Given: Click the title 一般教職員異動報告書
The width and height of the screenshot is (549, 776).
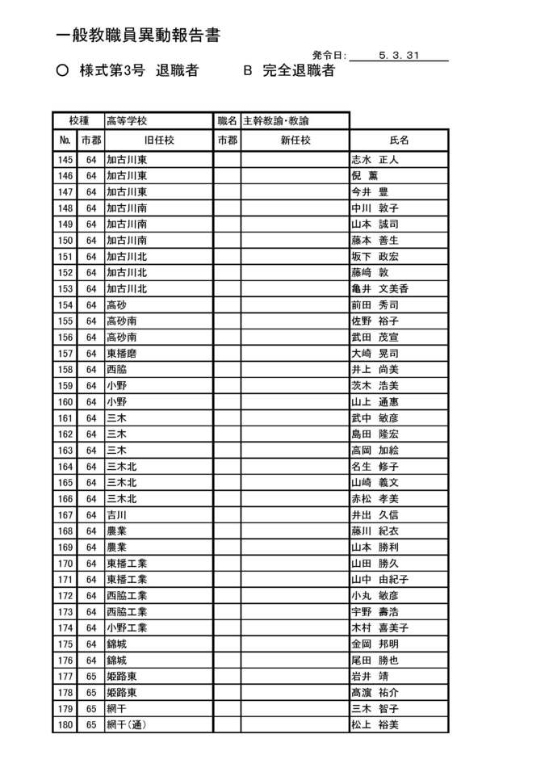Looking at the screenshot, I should [139, 36].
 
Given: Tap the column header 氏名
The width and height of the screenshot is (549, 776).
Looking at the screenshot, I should [399, 141].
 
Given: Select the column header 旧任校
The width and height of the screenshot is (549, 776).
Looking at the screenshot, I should [159, 141].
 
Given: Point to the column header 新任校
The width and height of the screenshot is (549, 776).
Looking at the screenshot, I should [295, 141].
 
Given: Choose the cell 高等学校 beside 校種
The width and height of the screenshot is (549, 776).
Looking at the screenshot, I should [127, 121].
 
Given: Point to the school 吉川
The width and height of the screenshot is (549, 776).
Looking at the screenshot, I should [116, 515].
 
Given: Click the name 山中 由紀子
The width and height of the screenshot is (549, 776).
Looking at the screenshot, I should [379, 580].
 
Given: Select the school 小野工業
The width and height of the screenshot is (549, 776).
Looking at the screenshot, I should [127, 628].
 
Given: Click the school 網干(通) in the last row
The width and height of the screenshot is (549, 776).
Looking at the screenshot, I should [126, 725].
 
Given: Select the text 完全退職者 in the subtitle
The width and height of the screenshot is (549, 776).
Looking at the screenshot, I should [298, 71].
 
